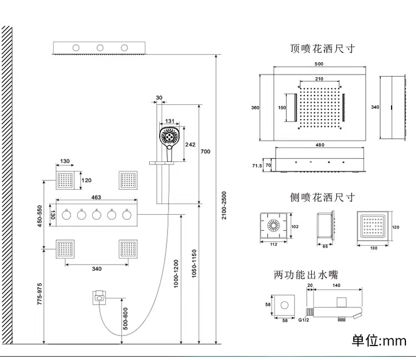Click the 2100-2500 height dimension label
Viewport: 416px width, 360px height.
pyautogui.click(x=224, y=205)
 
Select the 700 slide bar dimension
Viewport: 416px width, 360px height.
pyautogui.click(x=205, y=151)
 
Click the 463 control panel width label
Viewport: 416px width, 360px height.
pyautogui.click(x=96, y=197)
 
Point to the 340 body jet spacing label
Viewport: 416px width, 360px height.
pyautogui.click(x=97, y=268)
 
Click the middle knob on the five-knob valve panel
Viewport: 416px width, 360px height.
pyautogui.click(x=97, y=214)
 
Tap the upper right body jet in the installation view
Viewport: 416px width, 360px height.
pyautogui.click(x=128, y=180)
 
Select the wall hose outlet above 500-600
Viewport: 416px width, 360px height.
pyautogui.click(x=99, y=298)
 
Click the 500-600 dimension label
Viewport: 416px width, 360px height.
pyautogui.click(x=125, y=318)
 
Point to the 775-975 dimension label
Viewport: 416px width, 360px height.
pyautogui.click(x=39, y=294)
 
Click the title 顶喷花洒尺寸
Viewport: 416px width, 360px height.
pyautogui.click(x=322, y=49)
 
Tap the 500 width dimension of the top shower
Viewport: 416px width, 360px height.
pyautogui.click(x=319, y=64)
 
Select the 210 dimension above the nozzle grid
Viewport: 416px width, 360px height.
pyautogui.click(x=319, y=79)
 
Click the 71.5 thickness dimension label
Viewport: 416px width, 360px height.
pyautogui.click(x=257, y=166)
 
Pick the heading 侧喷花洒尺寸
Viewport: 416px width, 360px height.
pyautogui.click(x=322, y=197)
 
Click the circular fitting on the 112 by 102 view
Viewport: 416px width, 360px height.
pyautogui.click(x=273, y=225)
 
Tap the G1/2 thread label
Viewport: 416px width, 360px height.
pyautogui.click(x=303, y=320)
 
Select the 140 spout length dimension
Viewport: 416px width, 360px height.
pyautogui.click(x=336, y=286)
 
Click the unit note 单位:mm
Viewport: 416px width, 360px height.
pyautogui.click(x=379, y=341)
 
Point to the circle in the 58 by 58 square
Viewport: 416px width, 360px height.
pyautogui.click(x=285, y=305)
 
